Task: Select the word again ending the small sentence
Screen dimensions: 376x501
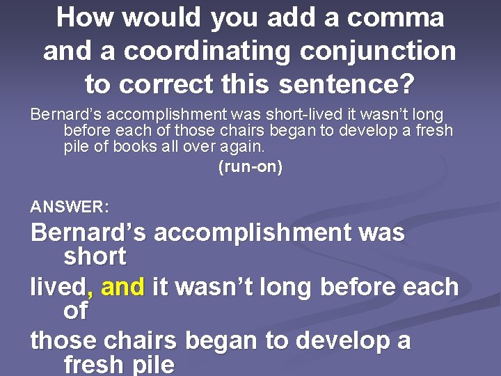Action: point(242,148)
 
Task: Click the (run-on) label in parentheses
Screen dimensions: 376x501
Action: point(250,168)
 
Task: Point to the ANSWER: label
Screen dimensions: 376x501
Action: point(70,207)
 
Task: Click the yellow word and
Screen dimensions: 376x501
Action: point(124,287)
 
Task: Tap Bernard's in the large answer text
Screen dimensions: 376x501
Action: point(88,233)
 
